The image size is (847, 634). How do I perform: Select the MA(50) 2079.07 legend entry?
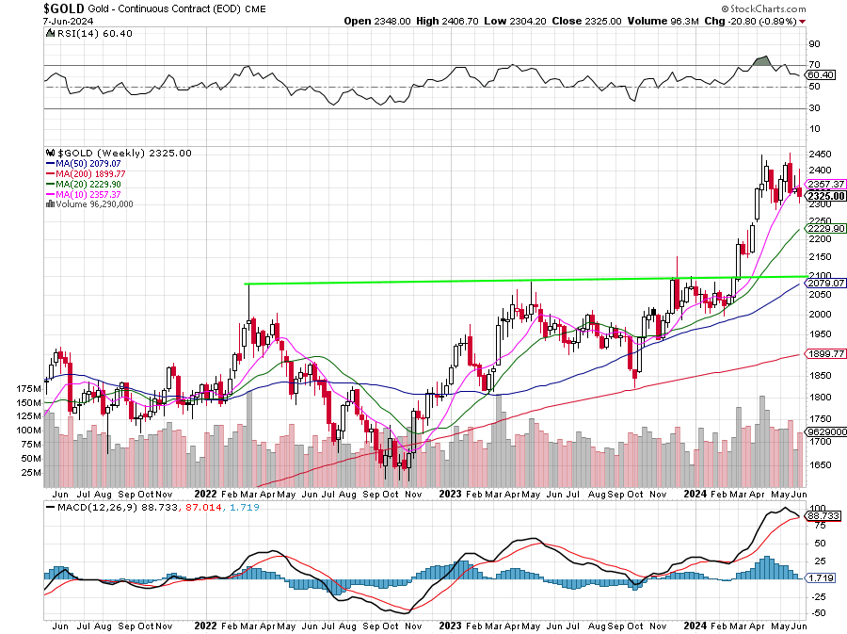89,164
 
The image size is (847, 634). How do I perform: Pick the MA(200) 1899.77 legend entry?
92,174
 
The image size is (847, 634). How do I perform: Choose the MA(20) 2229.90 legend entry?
89,184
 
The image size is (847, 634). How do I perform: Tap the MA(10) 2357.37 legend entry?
89,194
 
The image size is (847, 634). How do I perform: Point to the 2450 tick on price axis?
819,154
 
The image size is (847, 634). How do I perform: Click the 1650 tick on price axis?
819,464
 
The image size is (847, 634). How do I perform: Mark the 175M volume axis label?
29,388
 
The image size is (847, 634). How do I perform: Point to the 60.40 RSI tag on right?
822,74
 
